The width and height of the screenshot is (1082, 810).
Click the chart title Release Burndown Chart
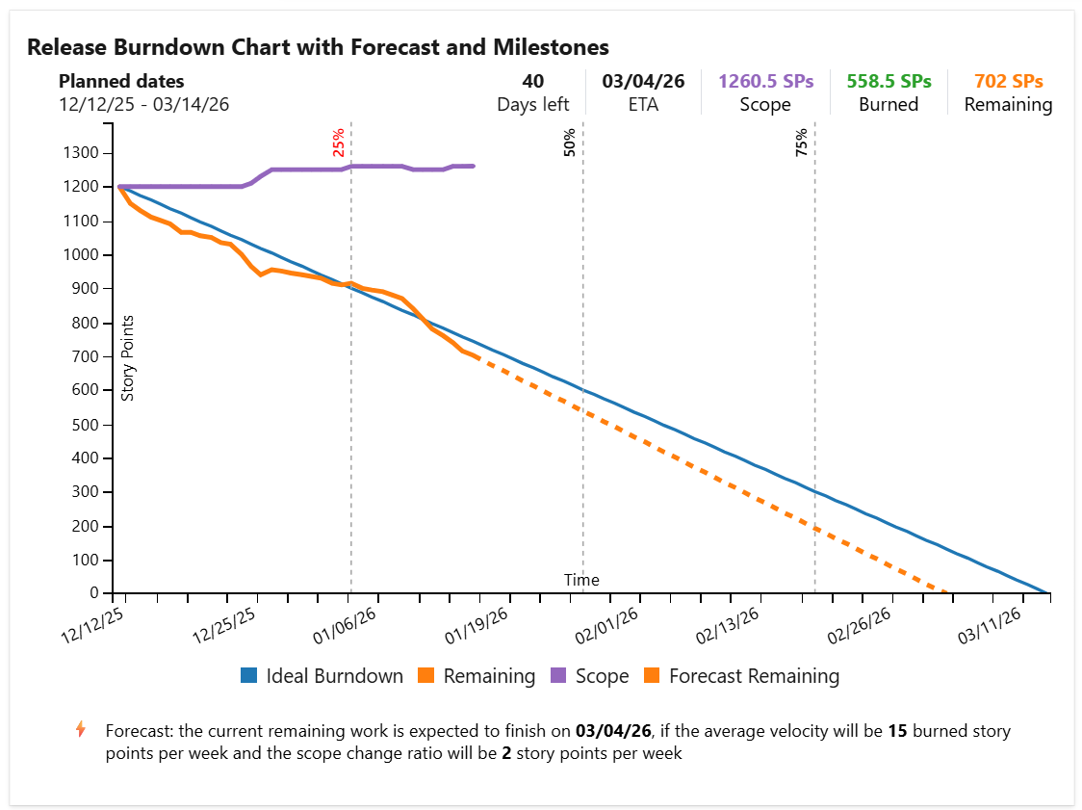[318, 47]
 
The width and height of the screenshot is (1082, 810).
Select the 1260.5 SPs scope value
[765, 82]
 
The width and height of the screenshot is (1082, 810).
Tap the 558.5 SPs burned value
[889, 82]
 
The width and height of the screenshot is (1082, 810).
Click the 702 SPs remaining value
[1008, 82]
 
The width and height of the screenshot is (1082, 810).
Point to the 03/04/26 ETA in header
[643, 82]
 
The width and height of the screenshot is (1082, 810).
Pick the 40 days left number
[532, 82]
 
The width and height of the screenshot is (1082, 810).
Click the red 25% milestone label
[339, 143]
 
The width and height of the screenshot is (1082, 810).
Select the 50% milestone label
[570, 143]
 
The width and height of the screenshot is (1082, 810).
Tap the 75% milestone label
[802, 143]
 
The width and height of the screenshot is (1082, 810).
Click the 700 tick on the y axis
[88, 356]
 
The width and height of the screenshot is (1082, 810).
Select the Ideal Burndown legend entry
[322, 676]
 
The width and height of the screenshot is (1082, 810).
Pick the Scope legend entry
[589, 676]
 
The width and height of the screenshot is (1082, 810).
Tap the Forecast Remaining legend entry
[742, 676]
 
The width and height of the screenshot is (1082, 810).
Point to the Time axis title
[581, 580]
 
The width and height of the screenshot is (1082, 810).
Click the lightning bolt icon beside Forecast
[81, 729]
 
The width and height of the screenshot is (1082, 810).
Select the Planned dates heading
[121, 82]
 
